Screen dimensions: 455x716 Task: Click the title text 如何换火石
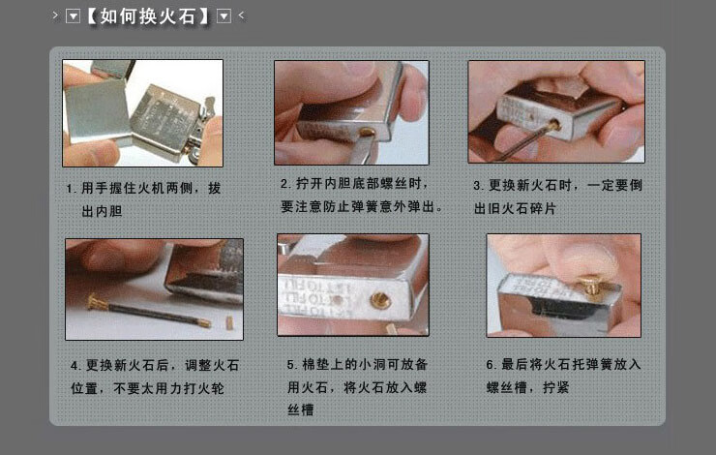point(149,16)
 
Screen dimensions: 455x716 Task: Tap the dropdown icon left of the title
point(73,16)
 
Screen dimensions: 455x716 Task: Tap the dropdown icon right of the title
point(224,16)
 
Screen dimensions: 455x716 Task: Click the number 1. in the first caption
point(71,188)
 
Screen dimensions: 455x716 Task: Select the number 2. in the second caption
point(285,184)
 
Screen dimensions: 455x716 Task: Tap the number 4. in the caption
point(75,366)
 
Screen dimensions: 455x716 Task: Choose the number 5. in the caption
point(292,365)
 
